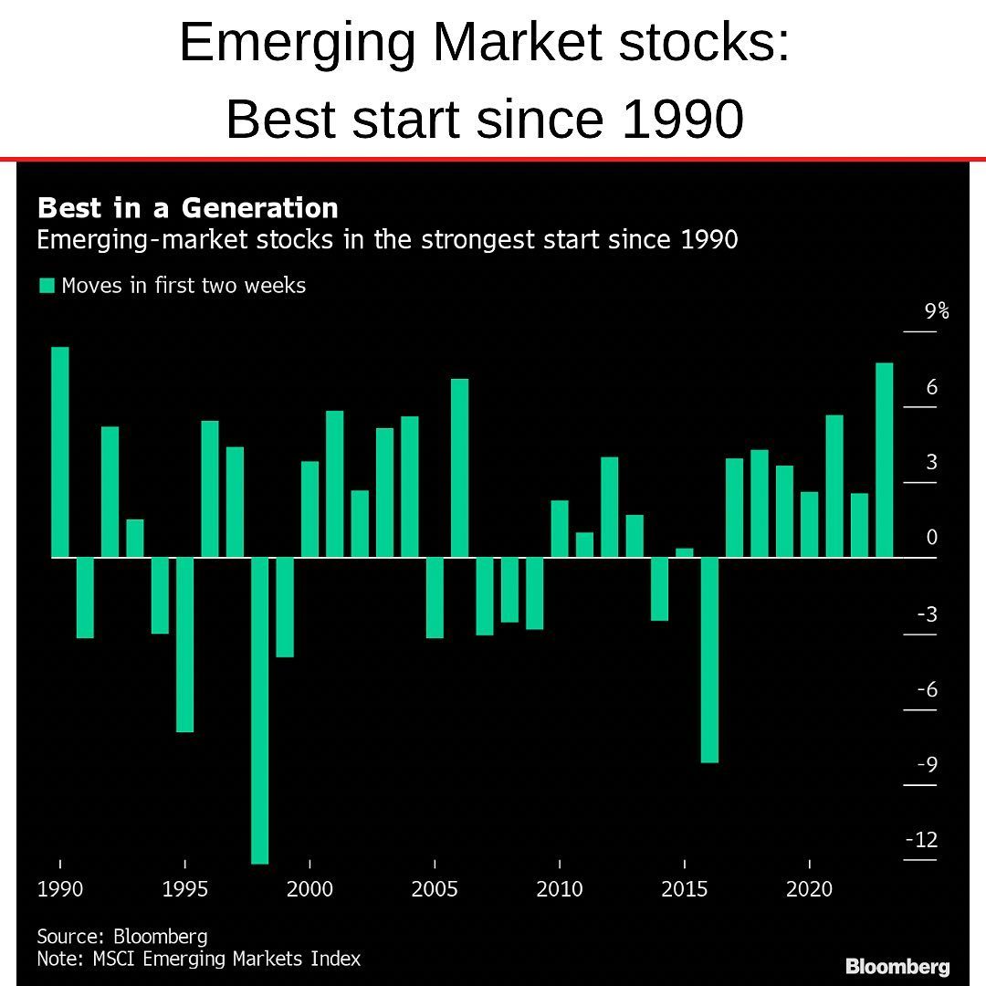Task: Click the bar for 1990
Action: pyautogui.click(x=60, y=452)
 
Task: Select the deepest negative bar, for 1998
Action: pyautogui.click(x=260, y=709)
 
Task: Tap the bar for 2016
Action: pyautogui.click(x=709, y=659)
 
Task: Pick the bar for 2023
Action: pyautogui.click(x=884, y=460)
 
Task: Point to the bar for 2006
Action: pyautogui.click(x=460, y=467)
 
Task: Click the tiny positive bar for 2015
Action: pyautogui.click(x=685, y=552)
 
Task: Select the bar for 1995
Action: pyautogui.click(x=185, y=644)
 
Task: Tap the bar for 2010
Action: pyautogui.click(x=560, y=529)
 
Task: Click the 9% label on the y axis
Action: pyautogui.click(x=936, y=311)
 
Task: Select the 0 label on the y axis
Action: pyautogui.click(x=931, y=538)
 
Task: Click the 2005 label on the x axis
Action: pyautogui.click(x=435, y=889)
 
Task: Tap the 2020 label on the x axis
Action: pyautogui.click(x=809, y=889)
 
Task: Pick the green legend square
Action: pyautogui.click(x=46, y=286)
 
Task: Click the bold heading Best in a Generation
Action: pyautogui.click(x=188, y=208)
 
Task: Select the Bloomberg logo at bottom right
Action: pyautogui.click(x=897, y=966)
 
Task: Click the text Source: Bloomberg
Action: pyautogui.click(x=122, y=937)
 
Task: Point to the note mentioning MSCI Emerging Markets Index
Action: pyautogui.click(x=199, y=959)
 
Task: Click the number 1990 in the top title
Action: pyautogui.click(x=683, y=119)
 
